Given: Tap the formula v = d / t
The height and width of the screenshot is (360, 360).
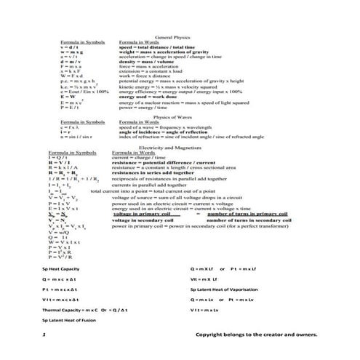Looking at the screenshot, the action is (x=71, y=47).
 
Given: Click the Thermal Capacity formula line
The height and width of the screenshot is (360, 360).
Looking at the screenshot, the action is (x=85, y=310).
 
